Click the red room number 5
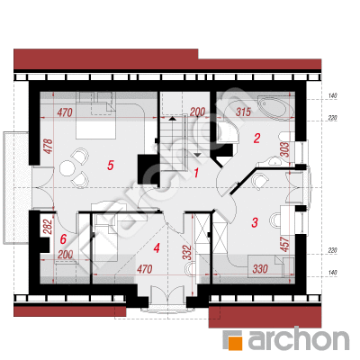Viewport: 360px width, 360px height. (x=111, y=166)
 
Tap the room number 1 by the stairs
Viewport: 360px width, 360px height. (x=196, y=173)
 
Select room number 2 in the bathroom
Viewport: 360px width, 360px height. (x=256, y=139)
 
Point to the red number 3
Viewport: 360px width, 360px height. (x=255, y=222)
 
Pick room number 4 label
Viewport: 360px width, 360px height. (x=157, y=248)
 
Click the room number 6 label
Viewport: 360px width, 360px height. (x=63, y=239)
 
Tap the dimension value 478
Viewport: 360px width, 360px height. (x=49, y=147)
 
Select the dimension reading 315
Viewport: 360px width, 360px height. (x=243, y=112)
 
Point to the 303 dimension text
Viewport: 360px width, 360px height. (x=285, y=149)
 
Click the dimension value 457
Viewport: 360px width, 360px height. (x=285, y=244)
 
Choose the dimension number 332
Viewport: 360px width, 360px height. (x=186, y=253)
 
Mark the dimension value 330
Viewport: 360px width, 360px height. (x=260, y=268)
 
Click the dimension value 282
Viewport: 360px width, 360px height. (x=49, y=227)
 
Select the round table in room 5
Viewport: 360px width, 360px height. (x=67, y=168)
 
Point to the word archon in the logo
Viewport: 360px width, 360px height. (x=299, y=339)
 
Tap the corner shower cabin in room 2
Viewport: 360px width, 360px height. (x=228, y=132)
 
